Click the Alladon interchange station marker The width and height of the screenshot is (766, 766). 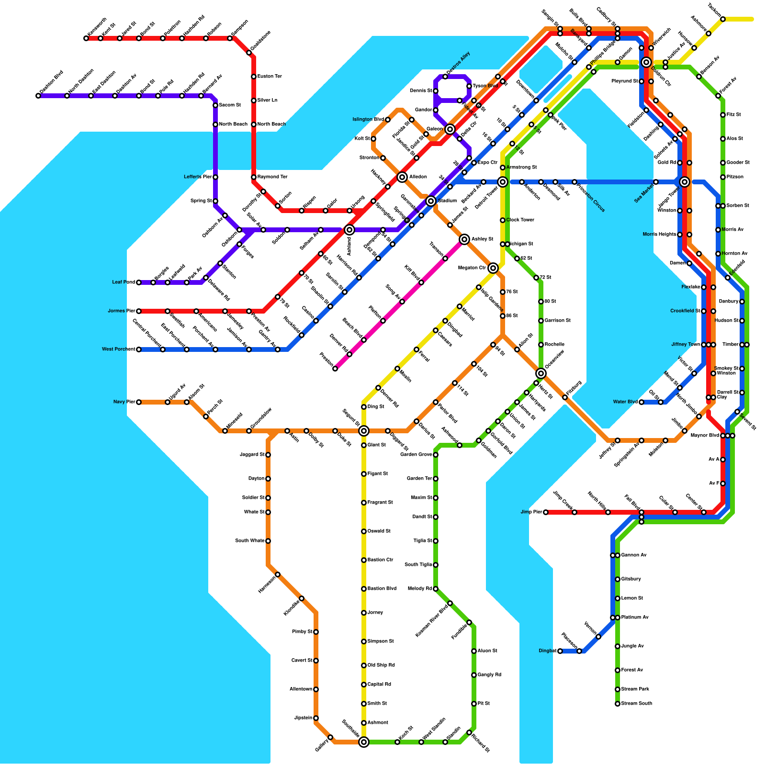pos(402,177)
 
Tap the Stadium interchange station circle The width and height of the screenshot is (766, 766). pos(431,201)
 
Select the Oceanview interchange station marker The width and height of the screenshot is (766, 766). pos(541,373)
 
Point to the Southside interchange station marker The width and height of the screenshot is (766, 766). pos(364,742)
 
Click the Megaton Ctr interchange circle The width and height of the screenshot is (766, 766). pos(493,268)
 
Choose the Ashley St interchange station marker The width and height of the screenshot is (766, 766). pos(464,239)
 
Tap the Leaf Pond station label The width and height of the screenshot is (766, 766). pos(124,282)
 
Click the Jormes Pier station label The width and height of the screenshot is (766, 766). pos(121,311)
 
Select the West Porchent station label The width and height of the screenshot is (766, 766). pos(118,349)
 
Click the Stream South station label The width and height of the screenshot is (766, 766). pos(636,704)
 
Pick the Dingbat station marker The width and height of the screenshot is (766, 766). pos(560,651)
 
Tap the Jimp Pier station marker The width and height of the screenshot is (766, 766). pos(546,512)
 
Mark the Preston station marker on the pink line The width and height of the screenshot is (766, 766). pos(335,369)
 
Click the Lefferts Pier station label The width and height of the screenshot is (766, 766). pos(198,177)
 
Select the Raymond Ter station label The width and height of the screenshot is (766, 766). pos(272,177)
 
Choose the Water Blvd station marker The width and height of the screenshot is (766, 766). pos(642,402)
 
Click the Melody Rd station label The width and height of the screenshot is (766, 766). pos(420,589)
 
